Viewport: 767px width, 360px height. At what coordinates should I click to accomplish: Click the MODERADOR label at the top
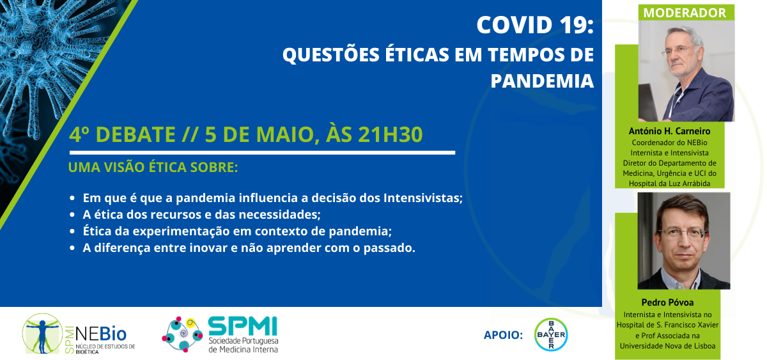point(685,13)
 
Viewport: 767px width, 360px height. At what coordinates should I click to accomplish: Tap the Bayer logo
point(550,334)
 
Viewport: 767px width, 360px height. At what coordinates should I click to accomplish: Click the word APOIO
point(504,335)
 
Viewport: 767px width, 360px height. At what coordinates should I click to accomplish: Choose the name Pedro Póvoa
point(667,302)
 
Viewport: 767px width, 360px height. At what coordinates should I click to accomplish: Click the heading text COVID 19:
point(535,26)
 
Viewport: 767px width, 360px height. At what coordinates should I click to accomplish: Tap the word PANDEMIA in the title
point(542,81)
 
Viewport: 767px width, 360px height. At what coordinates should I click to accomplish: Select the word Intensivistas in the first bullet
point(422,198)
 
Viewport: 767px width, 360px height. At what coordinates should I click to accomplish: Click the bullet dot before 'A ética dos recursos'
point(74,215)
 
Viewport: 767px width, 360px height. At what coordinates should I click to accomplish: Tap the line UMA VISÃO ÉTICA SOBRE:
point(153,169)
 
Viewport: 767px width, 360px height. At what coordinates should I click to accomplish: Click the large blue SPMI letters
point(243,327)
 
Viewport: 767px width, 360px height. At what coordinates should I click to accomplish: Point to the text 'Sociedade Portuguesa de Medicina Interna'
point(243,345)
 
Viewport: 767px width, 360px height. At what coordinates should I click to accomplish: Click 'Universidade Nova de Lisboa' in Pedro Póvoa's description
point(667,346)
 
